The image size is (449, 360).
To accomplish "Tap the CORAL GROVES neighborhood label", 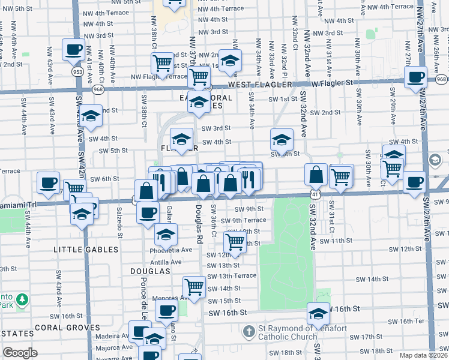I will pos(67,328).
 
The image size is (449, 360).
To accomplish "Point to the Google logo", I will pos(20,353).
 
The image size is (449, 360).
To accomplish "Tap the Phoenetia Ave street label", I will pos(174,250).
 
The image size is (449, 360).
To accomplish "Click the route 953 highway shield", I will pos(78,71).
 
